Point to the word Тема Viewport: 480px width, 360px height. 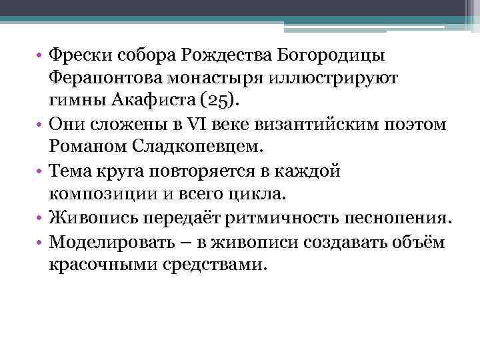point(73,171)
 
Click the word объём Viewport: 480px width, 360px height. point(425,242)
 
